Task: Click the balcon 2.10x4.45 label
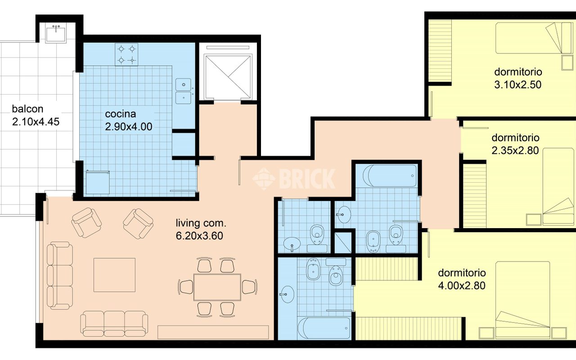click(36, 115)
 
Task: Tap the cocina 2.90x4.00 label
click(129, 120)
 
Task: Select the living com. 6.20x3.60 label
click(201, 229)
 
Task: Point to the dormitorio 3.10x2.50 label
click(518, 78)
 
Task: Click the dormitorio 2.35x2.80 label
click(515, 144)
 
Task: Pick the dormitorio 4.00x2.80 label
click(462, 279)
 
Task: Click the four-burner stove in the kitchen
click(126, 54)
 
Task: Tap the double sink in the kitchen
click(183, 91)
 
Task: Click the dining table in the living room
click(217, 287)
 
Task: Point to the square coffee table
click(114, 275)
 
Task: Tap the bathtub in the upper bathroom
click(390, 175)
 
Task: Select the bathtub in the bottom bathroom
click(324, 328)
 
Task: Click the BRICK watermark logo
click(294, 179)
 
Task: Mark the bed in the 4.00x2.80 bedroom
click(523, 300)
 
